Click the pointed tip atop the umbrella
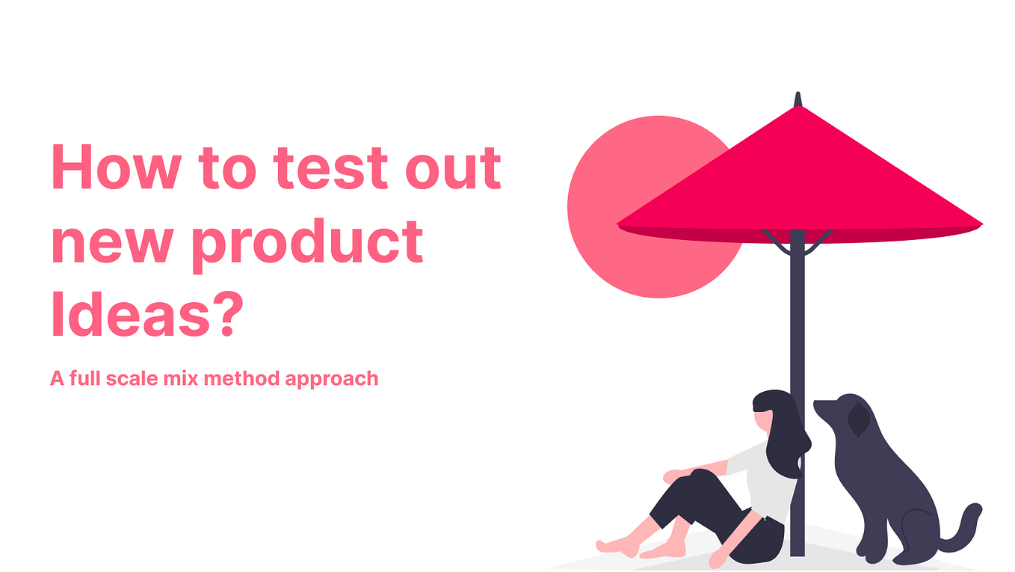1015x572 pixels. pos(797,99)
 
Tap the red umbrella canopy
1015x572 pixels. pos(798,179)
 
